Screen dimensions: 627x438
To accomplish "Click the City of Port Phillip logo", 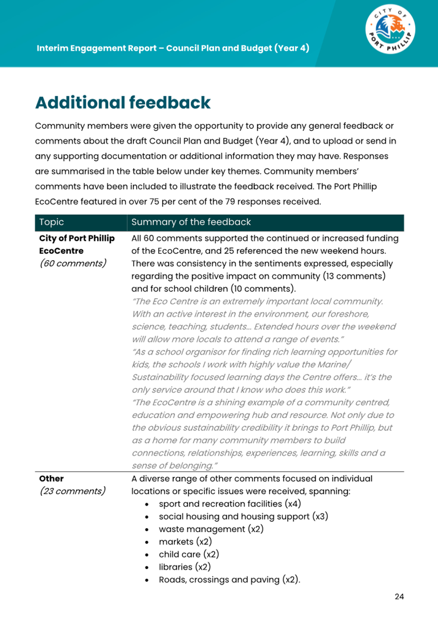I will (390, 30).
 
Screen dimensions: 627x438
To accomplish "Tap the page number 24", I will (399, 596).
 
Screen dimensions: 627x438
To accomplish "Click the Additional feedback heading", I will (123, 103).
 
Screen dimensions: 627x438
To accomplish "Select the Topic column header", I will (52, 222).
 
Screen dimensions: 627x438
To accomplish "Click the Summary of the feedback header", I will (191, 222).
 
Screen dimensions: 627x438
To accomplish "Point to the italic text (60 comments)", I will (73, 263).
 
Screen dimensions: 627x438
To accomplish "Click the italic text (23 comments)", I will (72, 491).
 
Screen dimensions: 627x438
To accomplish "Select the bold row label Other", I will (51, 479).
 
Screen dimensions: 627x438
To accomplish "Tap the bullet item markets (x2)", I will (185, 541).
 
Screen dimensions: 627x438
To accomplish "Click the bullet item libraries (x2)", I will (185, 567).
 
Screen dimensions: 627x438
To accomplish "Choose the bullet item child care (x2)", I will (189, 554).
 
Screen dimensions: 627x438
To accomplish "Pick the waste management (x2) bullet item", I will (211, 529).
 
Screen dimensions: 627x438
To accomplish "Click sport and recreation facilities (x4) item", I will (230, 504).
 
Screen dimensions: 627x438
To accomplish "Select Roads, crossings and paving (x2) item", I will (229, 579).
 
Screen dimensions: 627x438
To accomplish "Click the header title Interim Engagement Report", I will (173, 48).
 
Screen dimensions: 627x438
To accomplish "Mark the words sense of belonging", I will (172, 466).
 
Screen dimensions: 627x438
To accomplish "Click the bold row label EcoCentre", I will (61, 251).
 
